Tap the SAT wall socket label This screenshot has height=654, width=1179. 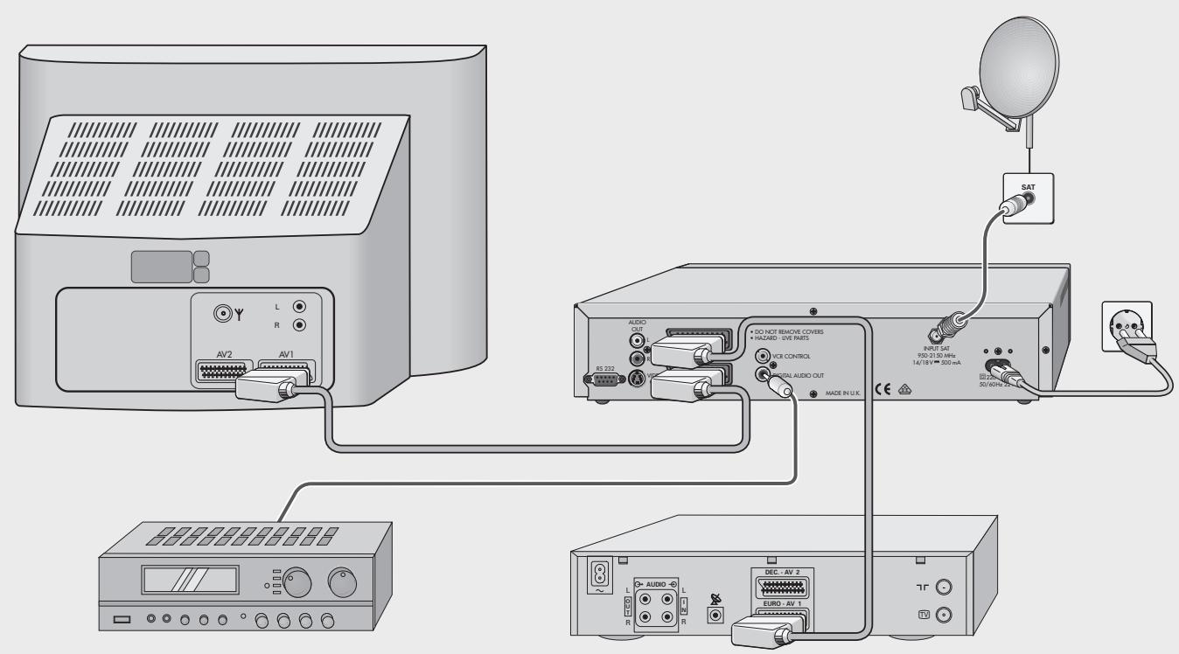point(1028,187)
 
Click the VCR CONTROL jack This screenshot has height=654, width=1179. point(762,357)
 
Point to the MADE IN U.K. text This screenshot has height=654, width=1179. point(843,393)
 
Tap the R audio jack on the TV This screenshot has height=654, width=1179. point(301,325)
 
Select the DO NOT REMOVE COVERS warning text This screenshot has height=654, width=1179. point(787,332)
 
